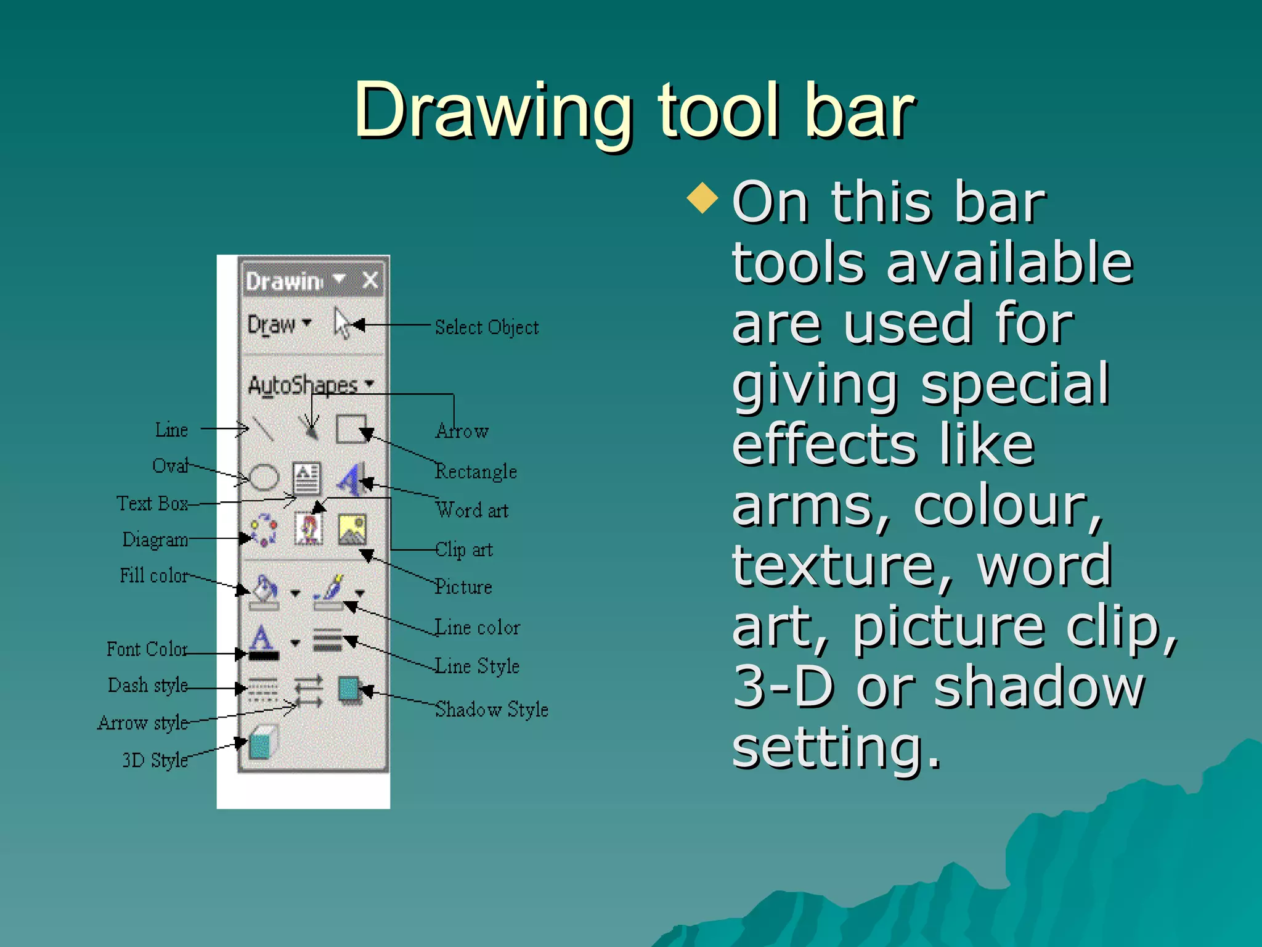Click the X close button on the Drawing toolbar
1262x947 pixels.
coord(370,281)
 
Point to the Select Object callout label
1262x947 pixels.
coord(486,327)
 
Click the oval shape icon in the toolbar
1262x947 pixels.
coord(264,477)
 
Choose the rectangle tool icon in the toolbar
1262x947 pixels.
coord(351,428)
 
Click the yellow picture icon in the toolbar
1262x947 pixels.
coord(352,530)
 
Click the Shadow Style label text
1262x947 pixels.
coord(491,710)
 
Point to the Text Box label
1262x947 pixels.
coord(152,504)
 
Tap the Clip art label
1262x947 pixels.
coord(464,549)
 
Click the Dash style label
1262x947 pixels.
coord(147,685)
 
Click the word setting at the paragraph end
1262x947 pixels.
coord(836,747)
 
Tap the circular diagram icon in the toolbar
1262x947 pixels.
coord(264,530)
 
